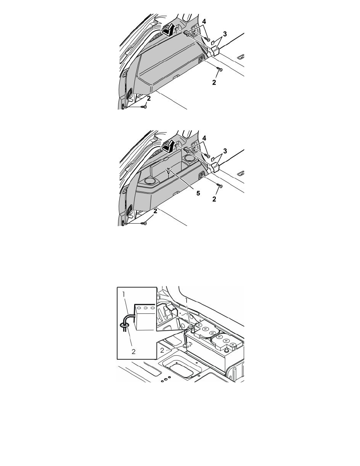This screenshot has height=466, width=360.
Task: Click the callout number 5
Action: click(198, 193)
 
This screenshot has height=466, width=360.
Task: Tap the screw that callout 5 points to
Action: click(169, 170)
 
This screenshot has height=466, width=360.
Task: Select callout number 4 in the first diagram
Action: click(204, 22)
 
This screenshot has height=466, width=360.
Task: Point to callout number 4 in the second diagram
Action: click(204, 138)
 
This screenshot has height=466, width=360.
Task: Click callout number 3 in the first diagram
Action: click(225, 34)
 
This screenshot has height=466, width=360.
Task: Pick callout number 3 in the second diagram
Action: click(225, 151)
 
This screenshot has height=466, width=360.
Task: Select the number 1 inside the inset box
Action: click(124, 294)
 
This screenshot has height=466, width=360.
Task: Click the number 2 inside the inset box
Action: click(133, 351)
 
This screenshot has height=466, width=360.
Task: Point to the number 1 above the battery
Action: click(187, 300)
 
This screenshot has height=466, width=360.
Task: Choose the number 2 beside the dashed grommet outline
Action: click(162, 350)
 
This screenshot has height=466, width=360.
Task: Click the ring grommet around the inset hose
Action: click(124, 326)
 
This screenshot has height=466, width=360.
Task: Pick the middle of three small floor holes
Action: click(166, 379)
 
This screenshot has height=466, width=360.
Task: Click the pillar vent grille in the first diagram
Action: click(130, 94)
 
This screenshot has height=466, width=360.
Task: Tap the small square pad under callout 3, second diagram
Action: click(213, 159)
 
